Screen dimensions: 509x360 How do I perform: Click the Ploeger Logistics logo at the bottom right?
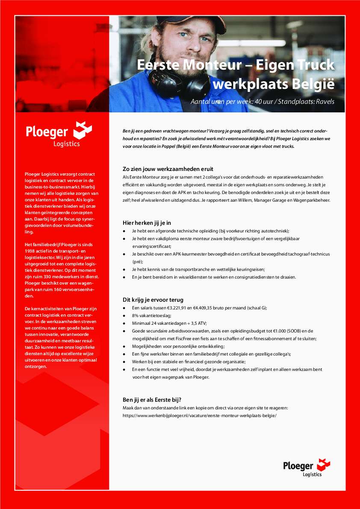307,468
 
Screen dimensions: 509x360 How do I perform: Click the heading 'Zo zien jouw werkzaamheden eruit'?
168,169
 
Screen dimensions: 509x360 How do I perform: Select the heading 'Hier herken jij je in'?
147,223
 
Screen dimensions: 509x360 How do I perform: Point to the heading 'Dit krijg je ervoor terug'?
153,300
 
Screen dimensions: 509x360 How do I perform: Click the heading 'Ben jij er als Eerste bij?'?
152,400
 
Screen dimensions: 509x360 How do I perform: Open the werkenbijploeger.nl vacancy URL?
200,415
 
